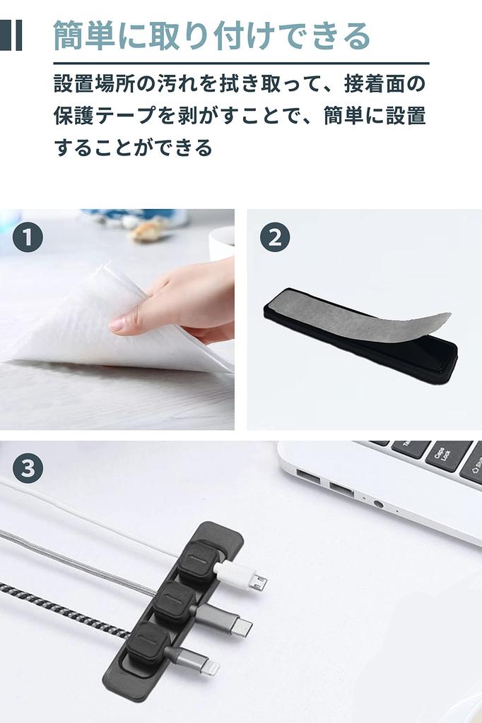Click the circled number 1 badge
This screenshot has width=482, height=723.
pyautogui.click(x=28, y=238)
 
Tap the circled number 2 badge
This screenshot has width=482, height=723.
pyautogui.click(x=274, y=238)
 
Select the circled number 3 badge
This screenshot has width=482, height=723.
pyautogui.click(x=28, y=468)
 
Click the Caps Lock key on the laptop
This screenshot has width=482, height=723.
pyautogui.click(x=449, y=456)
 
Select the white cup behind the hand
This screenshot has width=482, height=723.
pyautogui.click(x=223, y=242)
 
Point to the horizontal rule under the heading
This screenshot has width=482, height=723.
pyautogui.click(x=241, y=63)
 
